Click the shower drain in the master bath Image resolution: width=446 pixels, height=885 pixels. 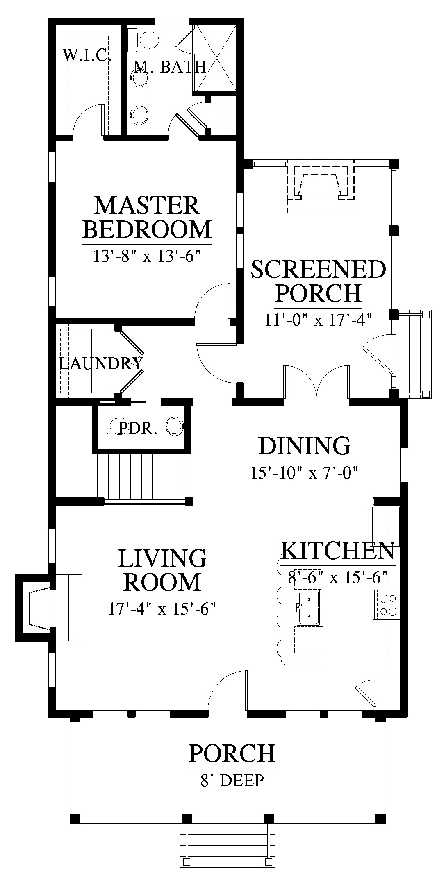click(x=217, y=58)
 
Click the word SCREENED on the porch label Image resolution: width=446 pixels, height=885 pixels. click(x=319, y=270)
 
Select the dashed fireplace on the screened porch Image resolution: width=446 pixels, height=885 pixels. click(x=320, y=180)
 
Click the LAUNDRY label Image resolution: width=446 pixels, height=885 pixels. click(x=101, y=363)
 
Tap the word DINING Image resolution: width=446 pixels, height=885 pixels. click(x=305, y=446)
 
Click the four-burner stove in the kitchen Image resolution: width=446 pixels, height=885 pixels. click(x=386, y=605)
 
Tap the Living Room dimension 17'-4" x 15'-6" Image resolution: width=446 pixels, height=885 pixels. click(x=162, y=609)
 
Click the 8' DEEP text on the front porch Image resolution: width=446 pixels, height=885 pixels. click(x=232, y=781)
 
